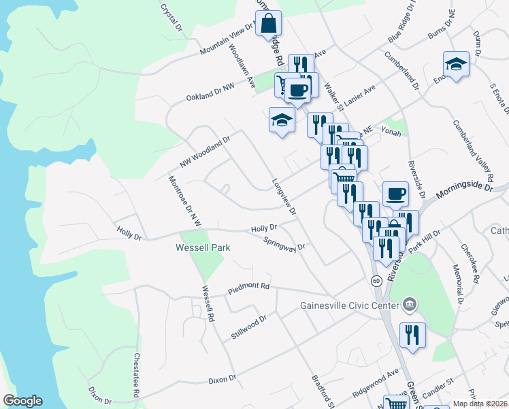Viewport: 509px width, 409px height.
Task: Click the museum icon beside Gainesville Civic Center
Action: click(410, 304)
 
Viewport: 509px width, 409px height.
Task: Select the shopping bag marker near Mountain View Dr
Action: click(268, 25)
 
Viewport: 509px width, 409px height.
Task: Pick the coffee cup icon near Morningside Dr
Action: click(395, 194)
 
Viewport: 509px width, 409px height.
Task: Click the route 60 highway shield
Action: click(376, 280)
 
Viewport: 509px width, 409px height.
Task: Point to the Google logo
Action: click(22, 401)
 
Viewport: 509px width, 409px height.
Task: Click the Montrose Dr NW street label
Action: click(186, 200)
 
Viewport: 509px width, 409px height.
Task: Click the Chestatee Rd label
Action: click(136, 375)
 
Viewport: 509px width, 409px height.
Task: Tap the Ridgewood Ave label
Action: click(375, 385)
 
